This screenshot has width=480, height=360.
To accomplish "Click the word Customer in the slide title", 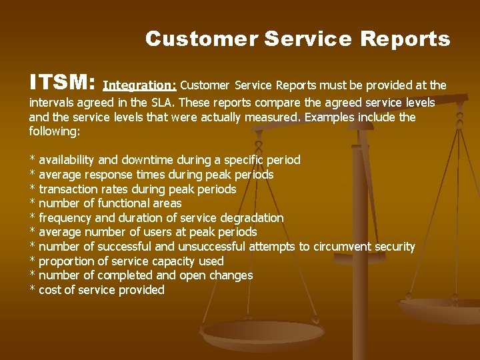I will click(201, 39).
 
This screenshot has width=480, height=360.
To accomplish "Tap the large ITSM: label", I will click(63, 83).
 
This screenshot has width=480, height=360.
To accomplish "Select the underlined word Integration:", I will click(140, 85).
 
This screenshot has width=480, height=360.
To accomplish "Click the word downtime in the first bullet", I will click(144, 160).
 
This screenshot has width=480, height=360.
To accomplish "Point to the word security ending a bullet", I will click(395, 247).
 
